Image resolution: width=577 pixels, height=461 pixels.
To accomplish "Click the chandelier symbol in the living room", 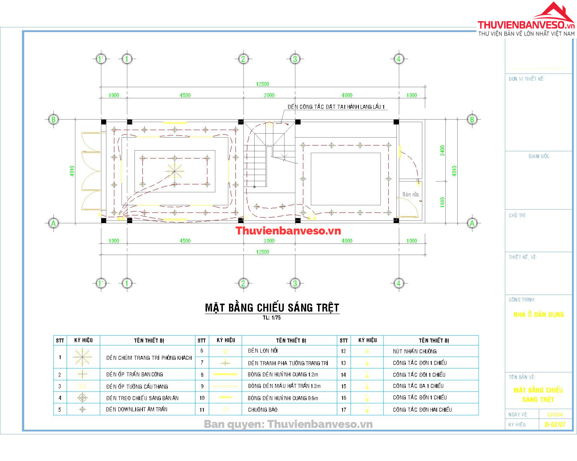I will point(175,171).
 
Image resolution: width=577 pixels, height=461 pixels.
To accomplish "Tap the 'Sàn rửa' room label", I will point(410,194).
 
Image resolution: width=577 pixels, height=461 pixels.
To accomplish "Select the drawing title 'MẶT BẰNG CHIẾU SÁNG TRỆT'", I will point(272,308).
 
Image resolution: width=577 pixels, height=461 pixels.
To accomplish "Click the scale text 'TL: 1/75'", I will point(272,318).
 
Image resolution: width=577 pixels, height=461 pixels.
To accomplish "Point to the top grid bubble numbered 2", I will point(243,59).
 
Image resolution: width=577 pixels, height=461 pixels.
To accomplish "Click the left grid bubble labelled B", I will point(53,119).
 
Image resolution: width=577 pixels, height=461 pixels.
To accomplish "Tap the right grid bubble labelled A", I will point(472,223).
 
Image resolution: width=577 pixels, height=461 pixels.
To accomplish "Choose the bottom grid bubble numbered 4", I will point(398,283).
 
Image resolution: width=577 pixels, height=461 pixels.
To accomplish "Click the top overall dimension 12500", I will point(263,84).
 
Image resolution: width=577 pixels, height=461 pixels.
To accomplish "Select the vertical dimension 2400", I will point(442,151).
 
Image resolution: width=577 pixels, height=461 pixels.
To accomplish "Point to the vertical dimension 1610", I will point(442,202).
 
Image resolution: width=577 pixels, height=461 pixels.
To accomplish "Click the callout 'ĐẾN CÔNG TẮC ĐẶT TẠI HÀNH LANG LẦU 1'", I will point(336,107).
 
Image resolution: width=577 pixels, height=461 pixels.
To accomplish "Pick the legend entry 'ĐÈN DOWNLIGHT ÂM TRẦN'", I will point(137,409).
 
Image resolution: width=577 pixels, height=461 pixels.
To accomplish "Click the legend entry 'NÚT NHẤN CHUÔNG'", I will point(415,351).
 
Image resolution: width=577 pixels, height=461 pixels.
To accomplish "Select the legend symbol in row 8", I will point(225,375).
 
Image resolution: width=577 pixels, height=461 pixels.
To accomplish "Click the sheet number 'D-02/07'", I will point(555,425).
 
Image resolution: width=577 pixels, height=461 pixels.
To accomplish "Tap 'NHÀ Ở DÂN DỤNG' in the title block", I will point(538,314).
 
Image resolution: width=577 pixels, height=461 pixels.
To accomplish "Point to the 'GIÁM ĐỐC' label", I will point(539,156).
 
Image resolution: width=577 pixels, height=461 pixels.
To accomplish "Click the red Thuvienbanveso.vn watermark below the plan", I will point(288,231).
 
